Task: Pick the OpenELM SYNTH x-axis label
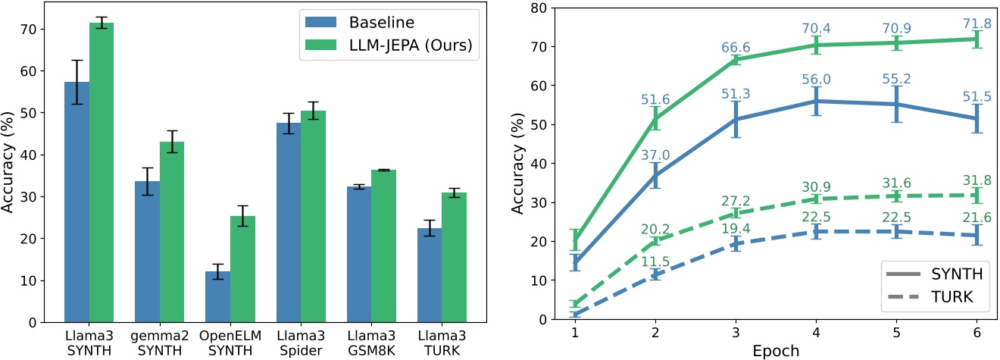230,341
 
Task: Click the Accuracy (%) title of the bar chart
11,162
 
